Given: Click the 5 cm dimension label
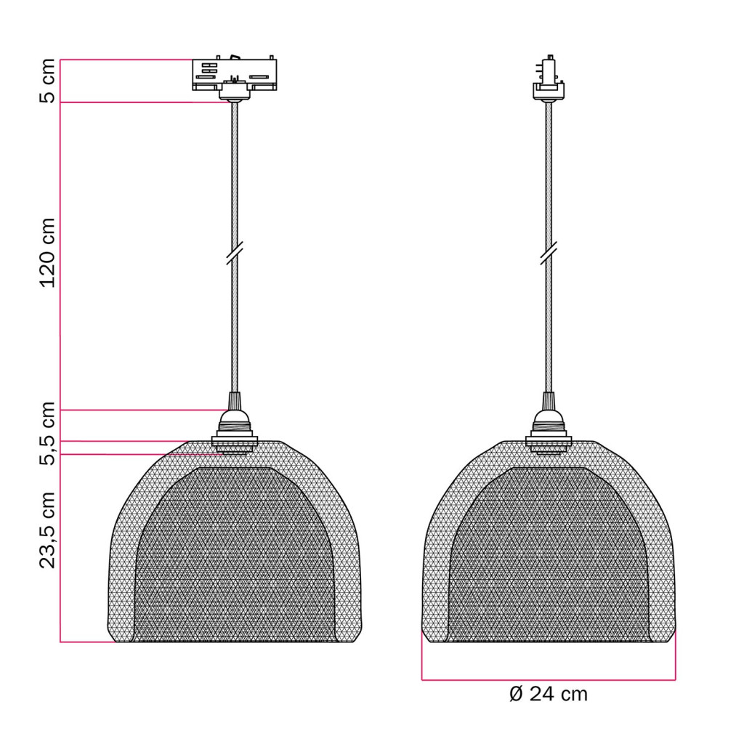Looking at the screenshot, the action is point(47,81).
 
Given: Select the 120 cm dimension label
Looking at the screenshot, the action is point(47,253).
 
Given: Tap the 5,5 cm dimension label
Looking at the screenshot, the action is point(47,433).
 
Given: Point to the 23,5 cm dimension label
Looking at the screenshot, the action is point(47,530).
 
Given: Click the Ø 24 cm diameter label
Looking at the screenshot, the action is point(549,694).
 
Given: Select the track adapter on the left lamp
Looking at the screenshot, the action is point(235,75).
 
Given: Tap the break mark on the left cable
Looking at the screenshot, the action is point(235,252).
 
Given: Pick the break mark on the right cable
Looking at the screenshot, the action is point(549,252).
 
